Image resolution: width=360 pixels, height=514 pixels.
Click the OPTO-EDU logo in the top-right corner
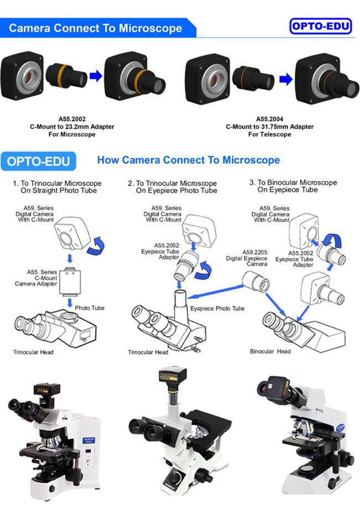click(x=321, y=26)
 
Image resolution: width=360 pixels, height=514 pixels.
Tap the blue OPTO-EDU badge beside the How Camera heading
click(x=38, y=161)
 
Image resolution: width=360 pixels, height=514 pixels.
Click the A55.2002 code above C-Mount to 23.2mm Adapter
click(x=72, y=119)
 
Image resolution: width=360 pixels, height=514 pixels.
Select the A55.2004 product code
click(x=270, y=119)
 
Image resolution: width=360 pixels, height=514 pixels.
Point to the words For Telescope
click(x=270, y=135)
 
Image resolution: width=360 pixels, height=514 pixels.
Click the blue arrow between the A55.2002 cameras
click(x=96, y=76)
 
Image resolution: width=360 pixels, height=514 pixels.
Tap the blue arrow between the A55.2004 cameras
click(x=286, y=79)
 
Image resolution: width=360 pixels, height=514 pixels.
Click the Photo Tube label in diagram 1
click(x=90, y=308)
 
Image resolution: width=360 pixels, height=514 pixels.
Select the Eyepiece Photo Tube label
click(x=217, y=309)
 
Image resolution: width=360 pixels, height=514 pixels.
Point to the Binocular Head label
click(x=270, y=351)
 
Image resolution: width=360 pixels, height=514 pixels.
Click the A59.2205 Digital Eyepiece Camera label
click(x=246, y=258)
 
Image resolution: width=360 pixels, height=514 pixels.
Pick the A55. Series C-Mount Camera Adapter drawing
click(x=70, y=281)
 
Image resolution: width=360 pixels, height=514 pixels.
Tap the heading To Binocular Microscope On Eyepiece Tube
click(x=293, y=186)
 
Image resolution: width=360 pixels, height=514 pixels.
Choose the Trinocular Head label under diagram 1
click(x=33, y=352)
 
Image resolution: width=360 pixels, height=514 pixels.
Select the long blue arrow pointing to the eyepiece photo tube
click(x=215, y=292)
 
